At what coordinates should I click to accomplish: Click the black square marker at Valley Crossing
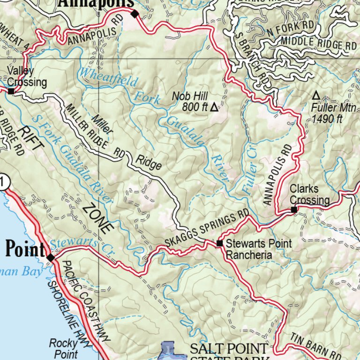tap(11, 91)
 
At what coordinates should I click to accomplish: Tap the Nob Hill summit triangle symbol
tap(214, 107)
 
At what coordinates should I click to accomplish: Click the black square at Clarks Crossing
tap(294, 210)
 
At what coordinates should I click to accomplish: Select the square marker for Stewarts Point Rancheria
tap(219, 244)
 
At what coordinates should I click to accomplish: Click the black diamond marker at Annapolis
tap(135, 14)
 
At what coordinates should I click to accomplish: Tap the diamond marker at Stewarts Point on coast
tap(51, 258)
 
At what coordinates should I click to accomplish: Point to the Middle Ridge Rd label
tap(319, 45)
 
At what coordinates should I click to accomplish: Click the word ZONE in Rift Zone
tap(97, 218)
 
